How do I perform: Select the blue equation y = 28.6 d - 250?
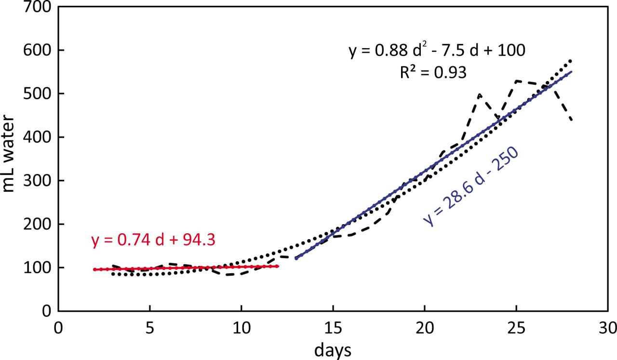click(x=471, y=186)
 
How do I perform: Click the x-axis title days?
click(x=333, y=350)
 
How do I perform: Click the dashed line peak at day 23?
click(x=480, y=94)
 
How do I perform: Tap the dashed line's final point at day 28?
click(x=571, y=120)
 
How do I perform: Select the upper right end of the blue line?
click(x=571, y=72)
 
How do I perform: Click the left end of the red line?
click(x=95, y=269)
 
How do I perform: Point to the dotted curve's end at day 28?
click(x=571, y=60)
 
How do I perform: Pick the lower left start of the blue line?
click(x=296, y=258)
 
